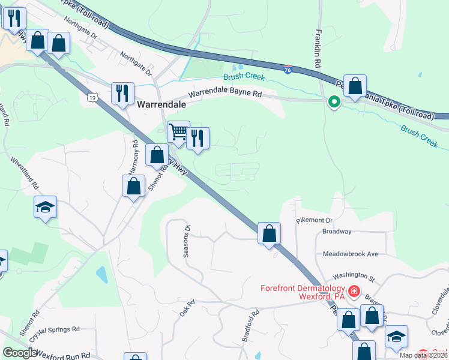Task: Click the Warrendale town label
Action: (161, 104)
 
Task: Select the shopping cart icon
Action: (178, 131)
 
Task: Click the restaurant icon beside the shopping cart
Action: (197, 138)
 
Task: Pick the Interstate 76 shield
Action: (289, 70)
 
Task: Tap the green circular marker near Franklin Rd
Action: (333, 103)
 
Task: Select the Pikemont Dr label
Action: (314, 221)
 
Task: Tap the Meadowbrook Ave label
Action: (351, 254)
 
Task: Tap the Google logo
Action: (20, 353)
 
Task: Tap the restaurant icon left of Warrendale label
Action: (122, 93)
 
